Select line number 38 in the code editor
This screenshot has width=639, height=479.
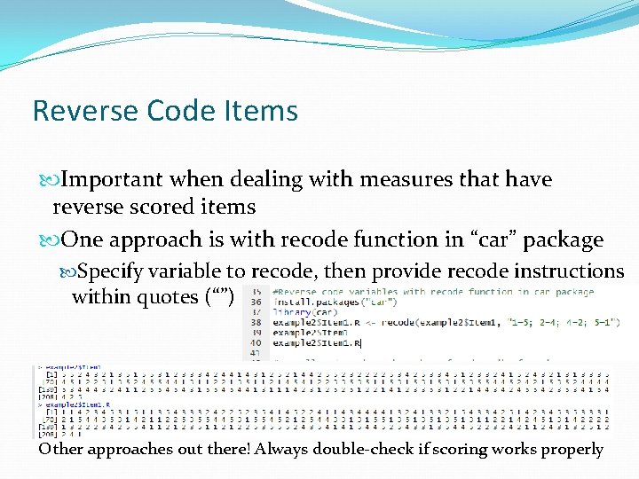click(x=256, y=321)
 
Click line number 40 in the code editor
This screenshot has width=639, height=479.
click(x=256, y=342)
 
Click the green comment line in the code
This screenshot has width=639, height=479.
click(x=433, y=291)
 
